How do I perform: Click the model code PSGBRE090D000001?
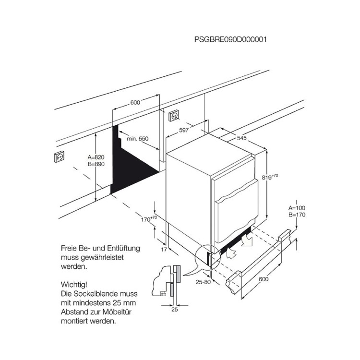230,40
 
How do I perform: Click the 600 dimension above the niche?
135,103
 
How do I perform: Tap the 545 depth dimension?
241,138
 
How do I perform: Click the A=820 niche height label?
96,157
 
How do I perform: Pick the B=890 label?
96,164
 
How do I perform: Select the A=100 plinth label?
297,208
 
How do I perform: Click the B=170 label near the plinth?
297,215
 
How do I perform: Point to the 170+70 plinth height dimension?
148,219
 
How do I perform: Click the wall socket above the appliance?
173,116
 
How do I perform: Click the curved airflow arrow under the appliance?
249,240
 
